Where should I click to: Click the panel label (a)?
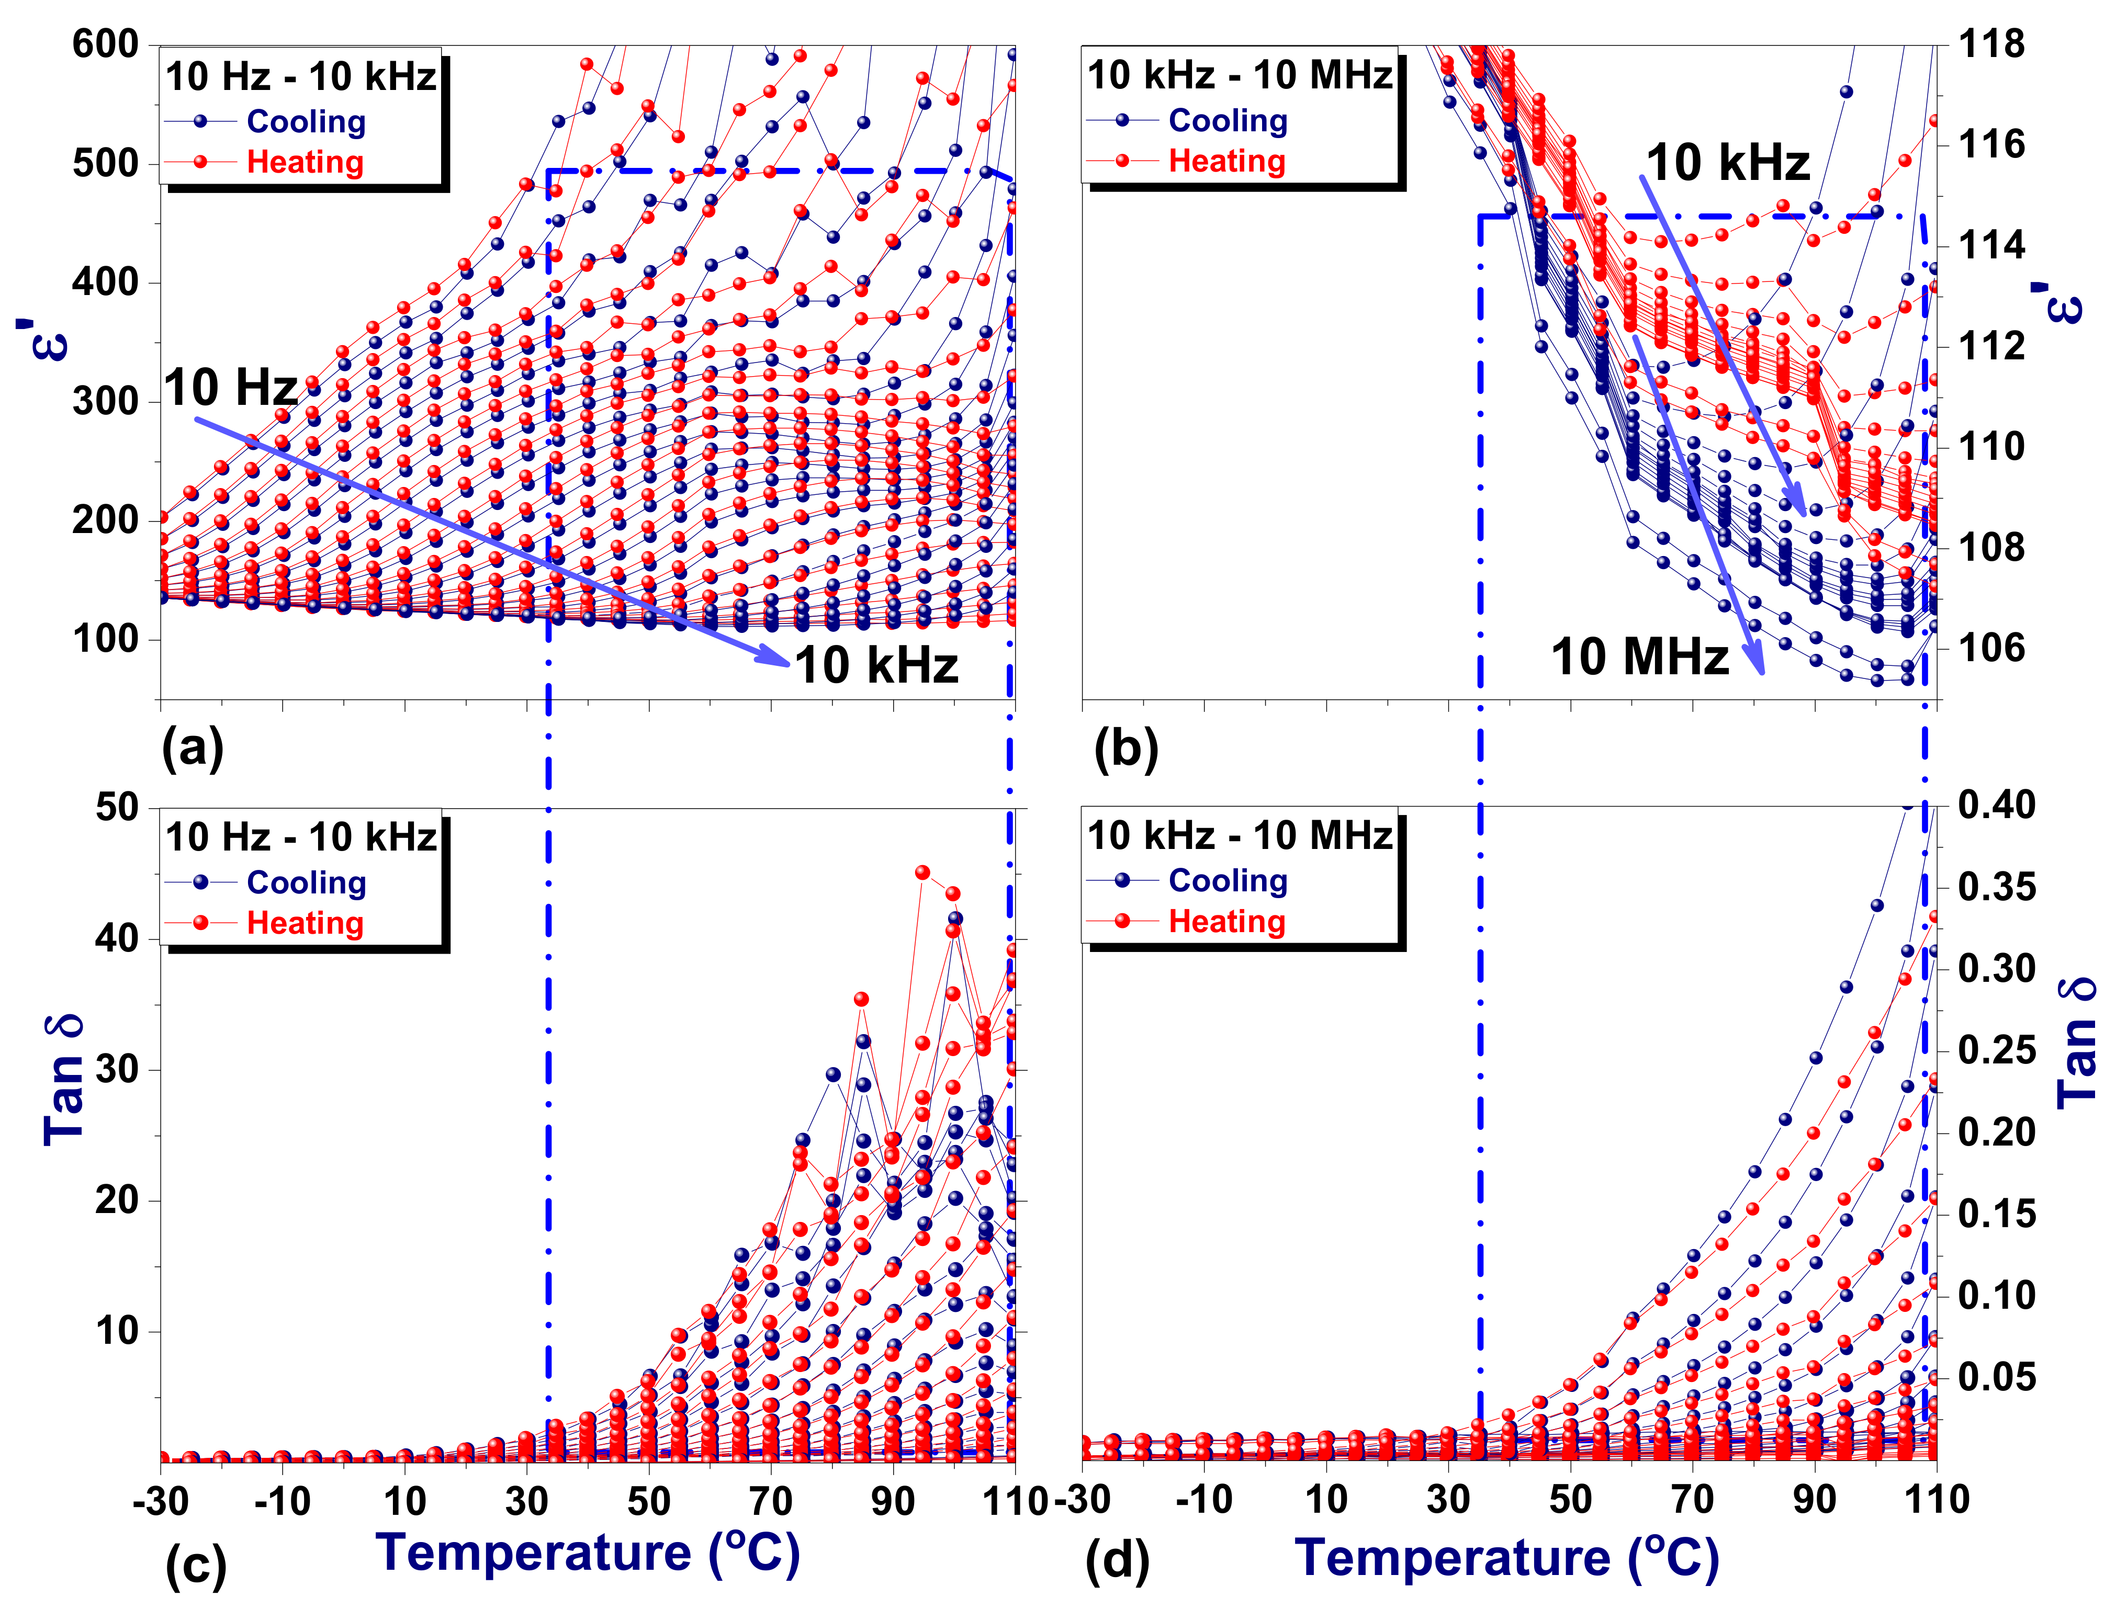(x=193, y=748)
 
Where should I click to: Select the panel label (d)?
(x=1117, y=1561)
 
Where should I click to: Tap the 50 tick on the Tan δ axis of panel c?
(x=117, y=807)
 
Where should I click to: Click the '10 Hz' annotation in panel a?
(x=231, y=388)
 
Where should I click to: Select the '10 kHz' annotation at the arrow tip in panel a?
(x=876, y=665)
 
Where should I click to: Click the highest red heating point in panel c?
(x=922, y=873)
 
